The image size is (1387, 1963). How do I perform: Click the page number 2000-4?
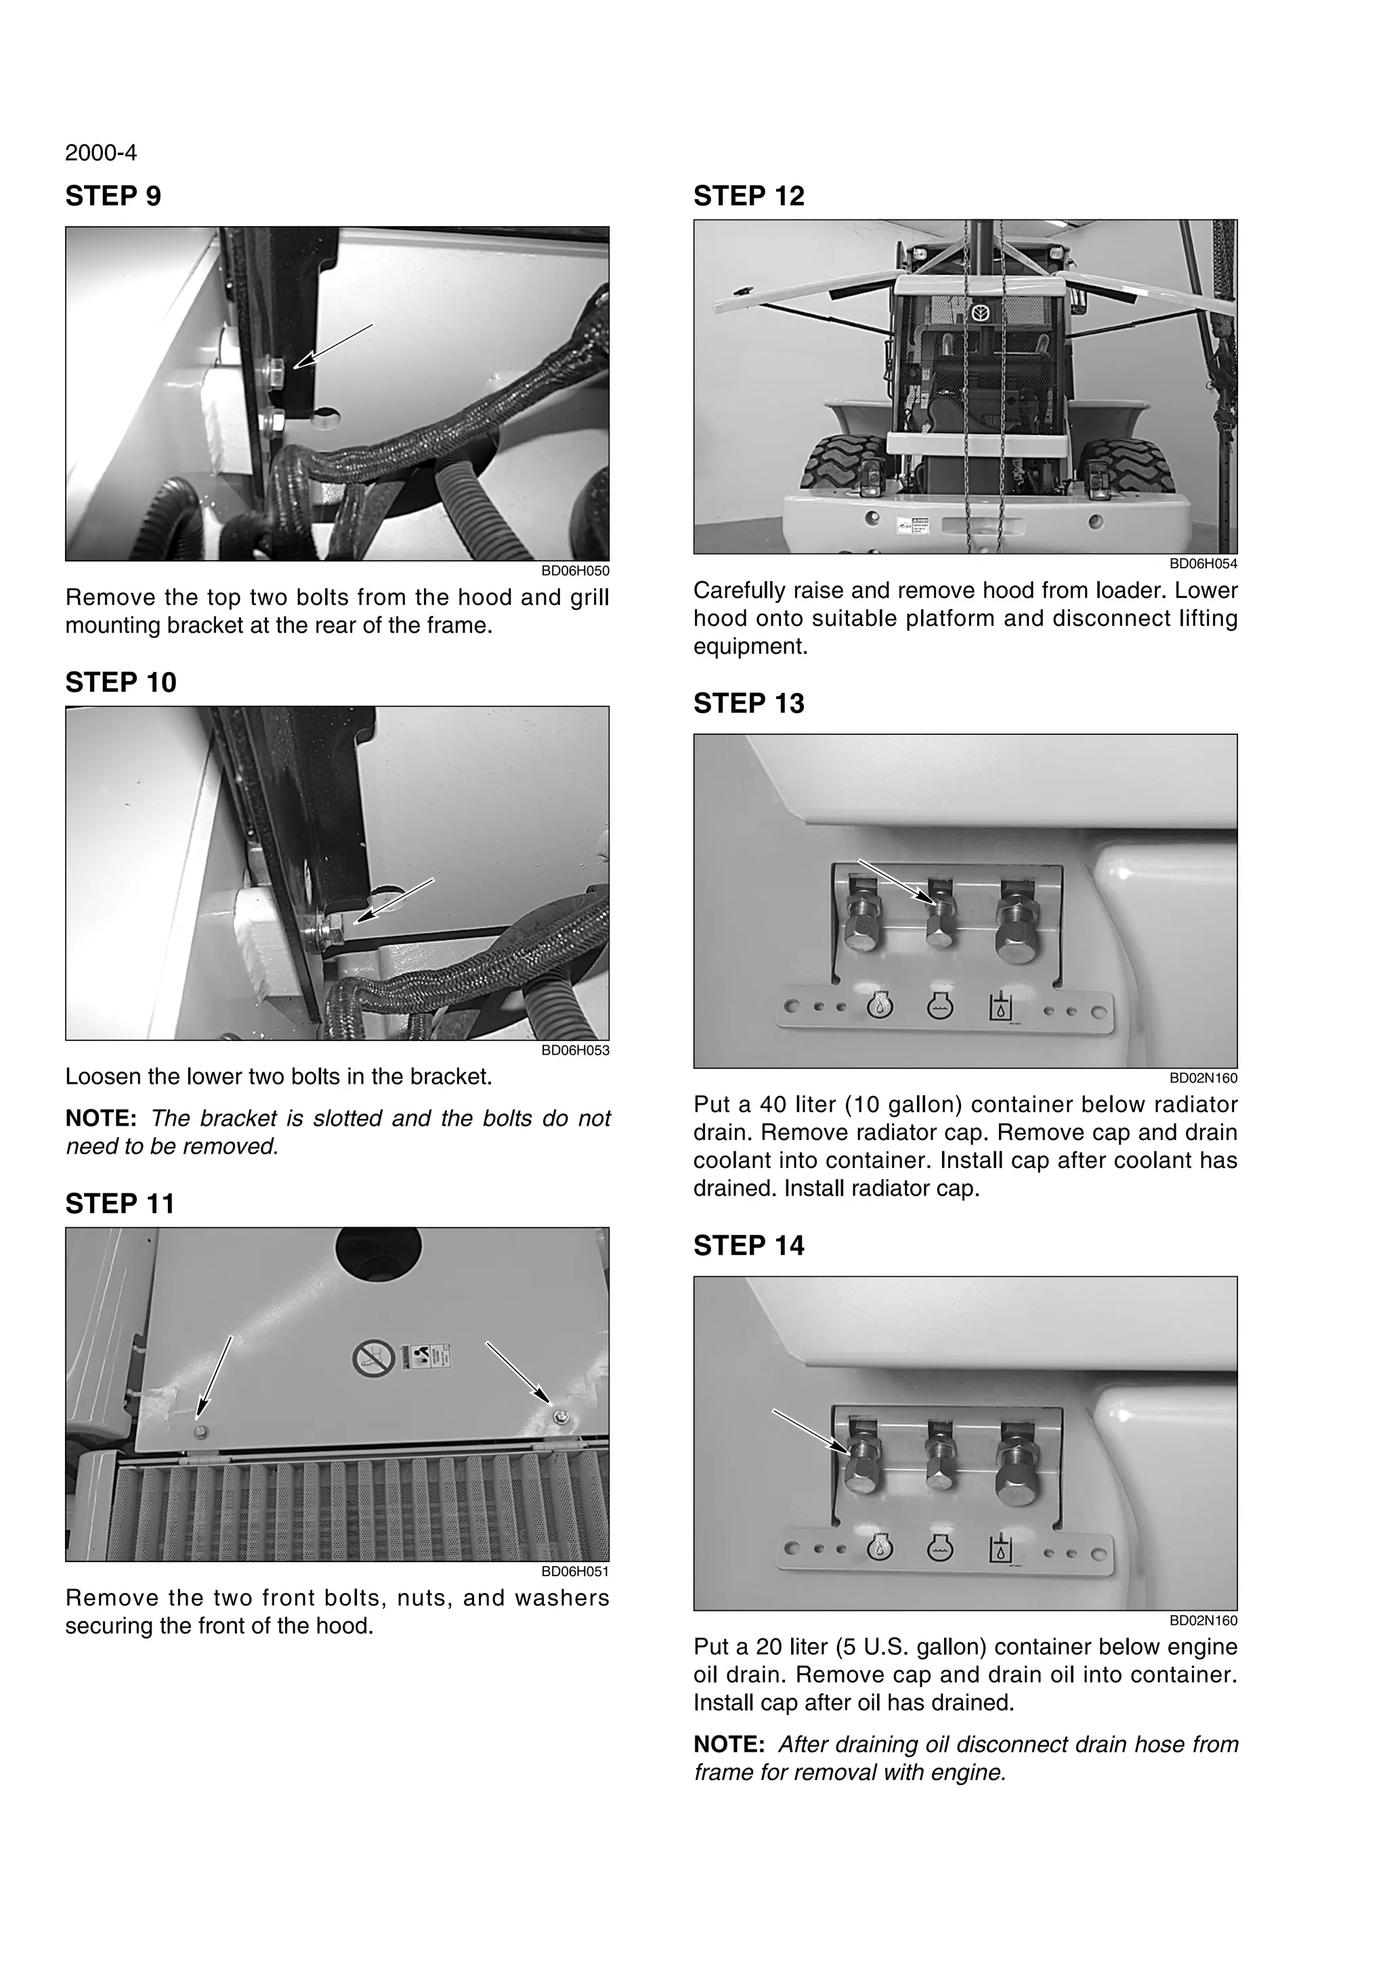pos(101,153)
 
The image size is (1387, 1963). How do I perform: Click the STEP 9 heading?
pos(113,196)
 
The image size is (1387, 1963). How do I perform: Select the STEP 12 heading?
pos(748,196)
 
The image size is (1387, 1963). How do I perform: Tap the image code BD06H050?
pos(575,571)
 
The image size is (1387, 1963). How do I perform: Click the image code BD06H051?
pos(575,1571)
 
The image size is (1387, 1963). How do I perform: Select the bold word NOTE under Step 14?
pos(728,1744)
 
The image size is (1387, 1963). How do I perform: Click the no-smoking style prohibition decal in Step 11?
pos(373,1357)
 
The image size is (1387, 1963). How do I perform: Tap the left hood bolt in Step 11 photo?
pos(200,1431)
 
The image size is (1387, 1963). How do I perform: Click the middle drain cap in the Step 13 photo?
pos(939,924)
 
